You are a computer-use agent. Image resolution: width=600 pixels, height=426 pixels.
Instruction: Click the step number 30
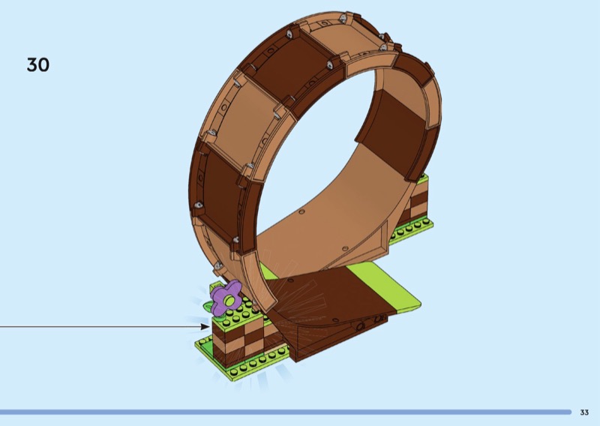38,64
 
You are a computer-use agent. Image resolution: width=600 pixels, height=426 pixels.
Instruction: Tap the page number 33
584,412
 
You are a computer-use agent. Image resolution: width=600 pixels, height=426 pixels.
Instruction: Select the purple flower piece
224,298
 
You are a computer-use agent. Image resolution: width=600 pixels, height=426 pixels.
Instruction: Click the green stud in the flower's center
229,301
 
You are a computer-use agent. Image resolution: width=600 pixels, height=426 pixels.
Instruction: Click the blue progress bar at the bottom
286,412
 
